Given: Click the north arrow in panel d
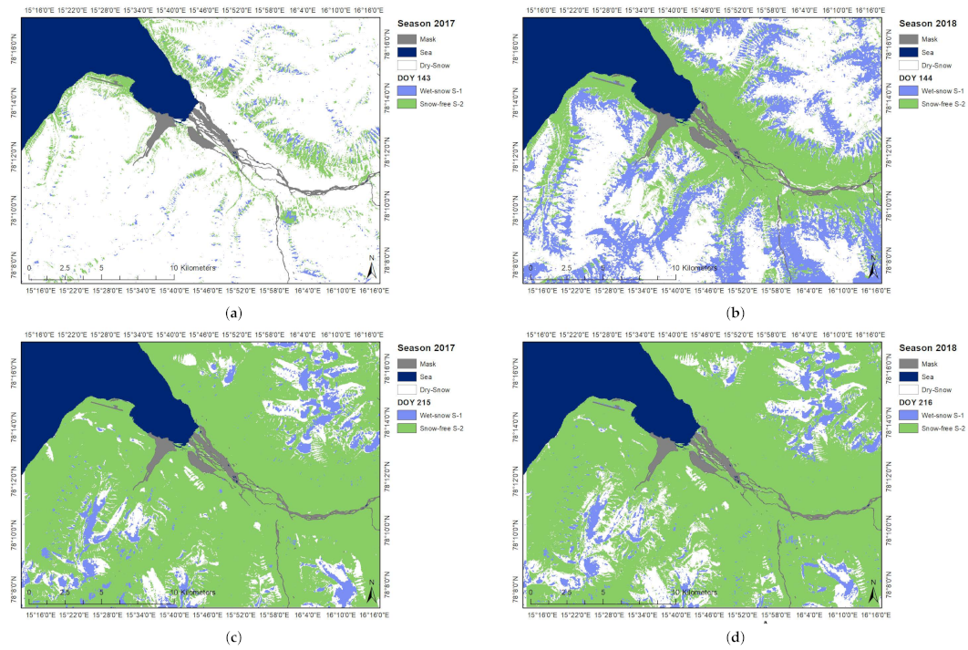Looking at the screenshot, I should [x=872, y=593].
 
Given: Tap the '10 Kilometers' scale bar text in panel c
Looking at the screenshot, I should [x=194, y=593].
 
